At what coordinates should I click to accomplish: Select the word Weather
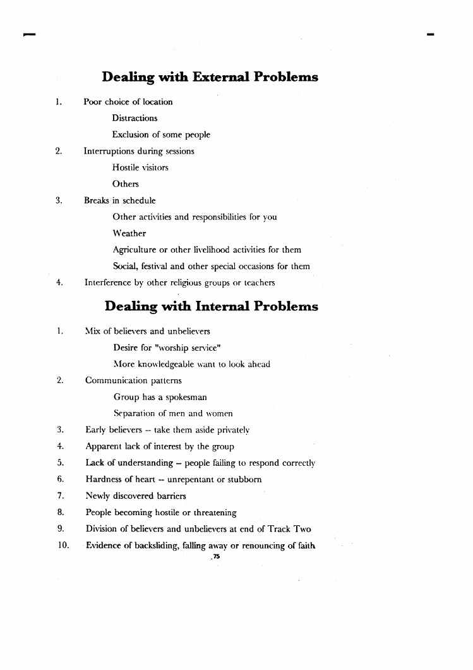(x=129, y=233)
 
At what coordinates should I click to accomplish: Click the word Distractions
(x=135, y=118)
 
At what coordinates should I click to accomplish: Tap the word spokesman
(x=186, y=397)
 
